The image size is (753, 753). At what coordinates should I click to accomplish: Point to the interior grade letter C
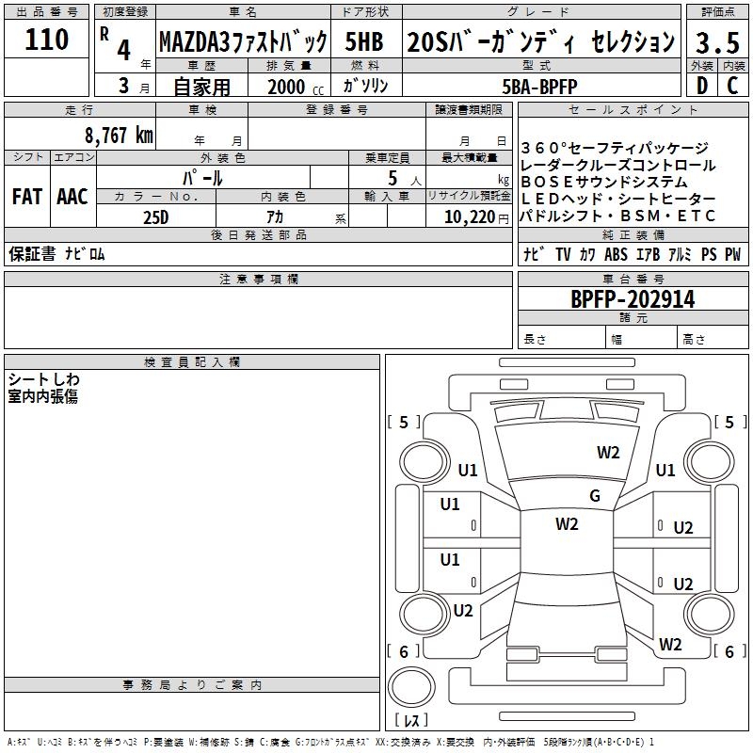coord(732,86)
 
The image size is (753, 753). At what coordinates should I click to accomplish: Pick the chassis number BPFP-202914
coord(633,299)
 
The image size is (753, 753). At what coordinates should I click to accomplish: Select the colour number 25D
coord(155,216)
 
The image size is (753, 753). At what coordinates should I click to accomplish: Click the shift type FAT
coord(26,197)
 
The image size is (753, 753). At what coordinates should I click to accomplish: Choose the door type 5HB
coord(363,42)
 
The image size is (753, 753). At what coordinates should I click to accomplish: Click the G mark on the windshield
coord(595,496)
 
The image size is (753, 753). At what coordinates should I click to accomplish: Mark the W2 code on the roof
coord(567,524)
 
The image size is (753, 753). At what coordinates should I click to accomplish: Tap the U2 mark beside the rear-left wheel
coord(463,610)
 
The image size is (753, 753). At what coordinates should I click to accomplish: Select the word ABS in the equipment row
coord(616,254)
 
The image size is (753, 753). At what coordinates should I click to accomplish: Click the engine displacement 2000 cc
coord(287,87)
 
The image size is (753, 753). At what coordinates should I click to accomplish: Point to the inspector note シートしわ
coord(44,378)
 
